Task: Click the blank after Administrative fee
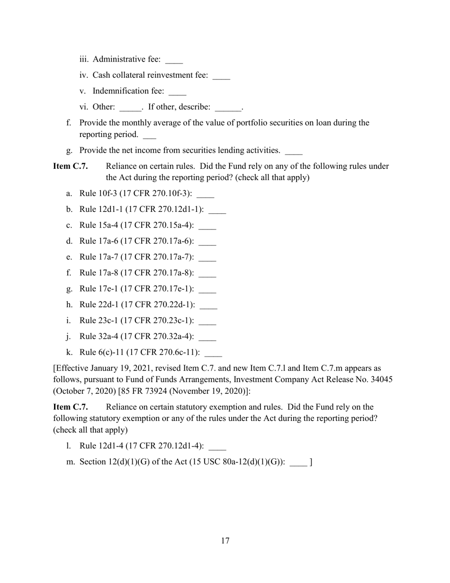tap(174, 61)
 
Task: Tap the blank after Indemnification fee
tap(177, 93)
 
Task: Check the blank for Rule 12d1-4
tap(217, 448)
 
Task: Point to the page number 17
tap(225, 541)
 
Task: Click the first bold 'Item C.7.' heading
tap(70, 166)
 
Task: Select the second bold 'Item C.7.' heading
tap(70, 407)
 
